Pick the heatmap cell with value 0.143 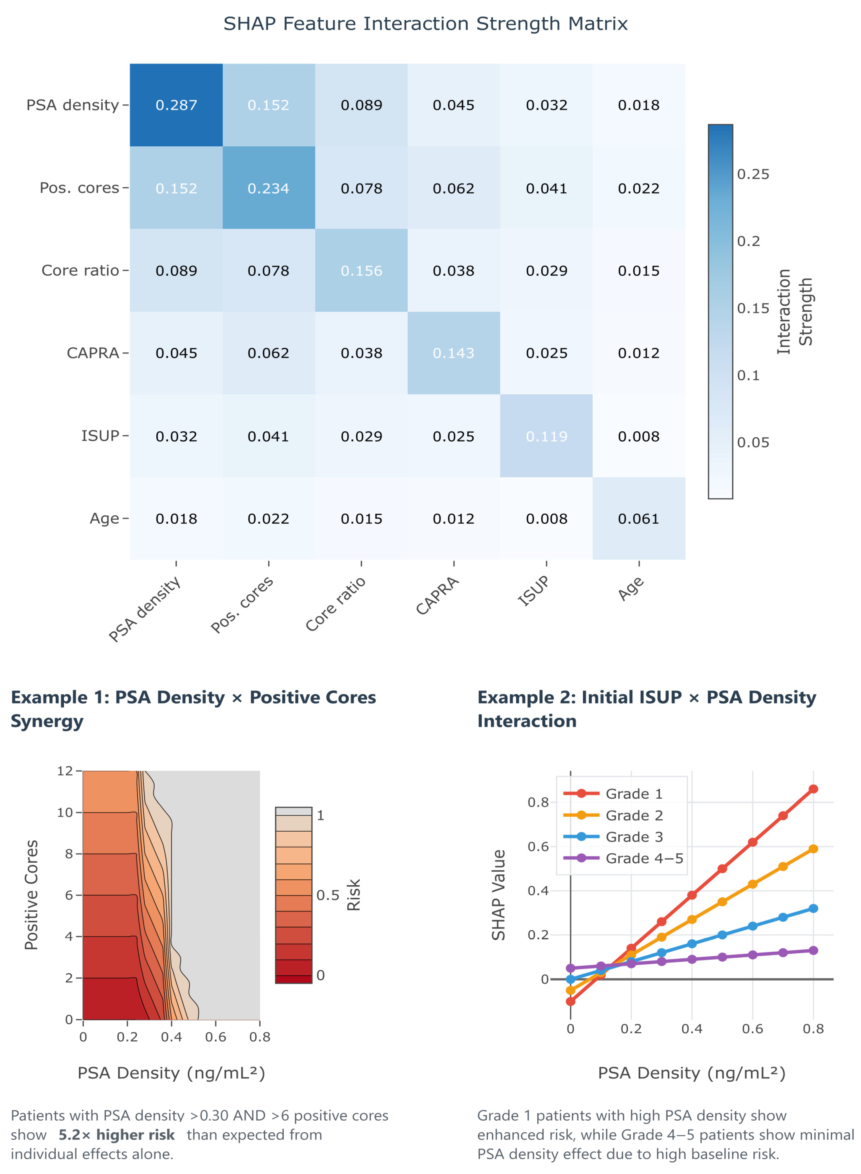pos(453,353)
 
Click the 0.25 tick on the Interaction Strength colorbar pos(753,174)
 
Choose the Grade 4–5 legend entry pos(644,858)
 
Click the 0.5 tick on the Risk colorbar pos(327,895)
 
